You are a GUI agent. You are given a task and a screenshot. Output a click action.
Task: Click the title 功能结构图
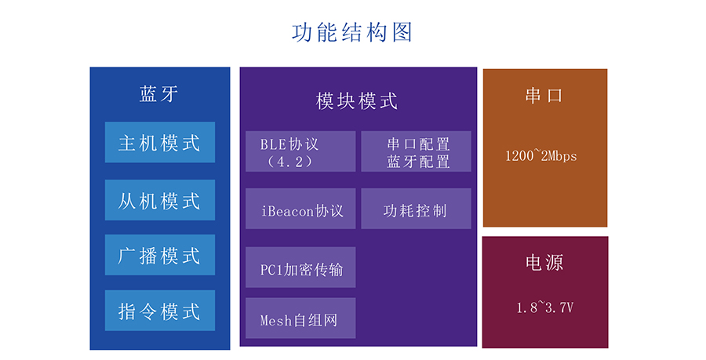click(352, 32)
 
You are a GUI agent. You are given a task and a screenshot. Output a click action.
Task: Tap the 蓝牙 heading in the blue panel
click(159, 94)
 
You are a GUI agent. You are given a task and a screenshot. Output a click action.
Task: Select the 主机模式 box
click(160, 142)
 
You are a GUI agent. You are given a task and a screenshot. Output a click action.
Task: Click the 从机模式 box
click(160, 200)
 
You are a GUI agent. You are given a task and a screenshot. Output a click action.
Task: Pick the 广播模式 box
click(160, 255)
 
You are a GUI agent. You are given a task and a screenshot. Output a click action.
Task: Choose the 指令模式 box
click(160, 311)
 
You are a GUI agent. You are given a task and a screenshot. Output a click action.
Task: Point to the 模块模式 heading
click(357, 101)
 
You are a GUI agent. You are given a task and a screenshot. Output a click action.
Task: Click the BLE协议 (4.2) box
click(300, 151)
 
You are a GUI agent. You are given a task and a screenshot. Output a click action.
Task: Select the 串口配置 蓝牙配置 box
click(416, 151)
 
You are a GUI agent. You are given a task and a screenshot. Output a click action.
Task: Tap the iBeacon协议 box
click(300, 209)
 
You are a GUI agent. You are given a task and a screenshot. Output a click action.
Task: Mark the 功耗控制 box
click(416, 209)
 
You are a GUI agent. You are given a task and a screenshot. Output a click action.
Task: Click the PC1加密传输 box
click(300, 267)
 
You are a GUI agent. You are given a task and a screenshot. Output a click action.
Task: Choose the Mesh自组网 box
click(300, 318)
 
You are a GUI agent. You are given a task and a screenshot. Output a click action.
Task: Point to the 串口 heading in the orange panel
click(544, 95)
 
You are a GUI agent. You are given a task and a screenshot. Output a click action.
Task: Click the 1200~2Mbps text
click(540, 156)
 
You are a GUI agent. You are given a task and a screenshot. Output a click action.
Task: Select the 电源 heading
click(544, 262)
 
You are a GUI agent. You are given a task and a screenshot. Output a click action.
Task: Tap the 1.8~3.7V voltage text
click(544, 307)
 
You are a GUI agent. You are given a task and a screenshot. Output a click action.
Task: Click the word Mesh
click(276, 321)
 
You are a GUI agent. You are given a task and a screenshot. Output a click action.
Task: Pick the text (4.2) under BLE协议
click(289, 161)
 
